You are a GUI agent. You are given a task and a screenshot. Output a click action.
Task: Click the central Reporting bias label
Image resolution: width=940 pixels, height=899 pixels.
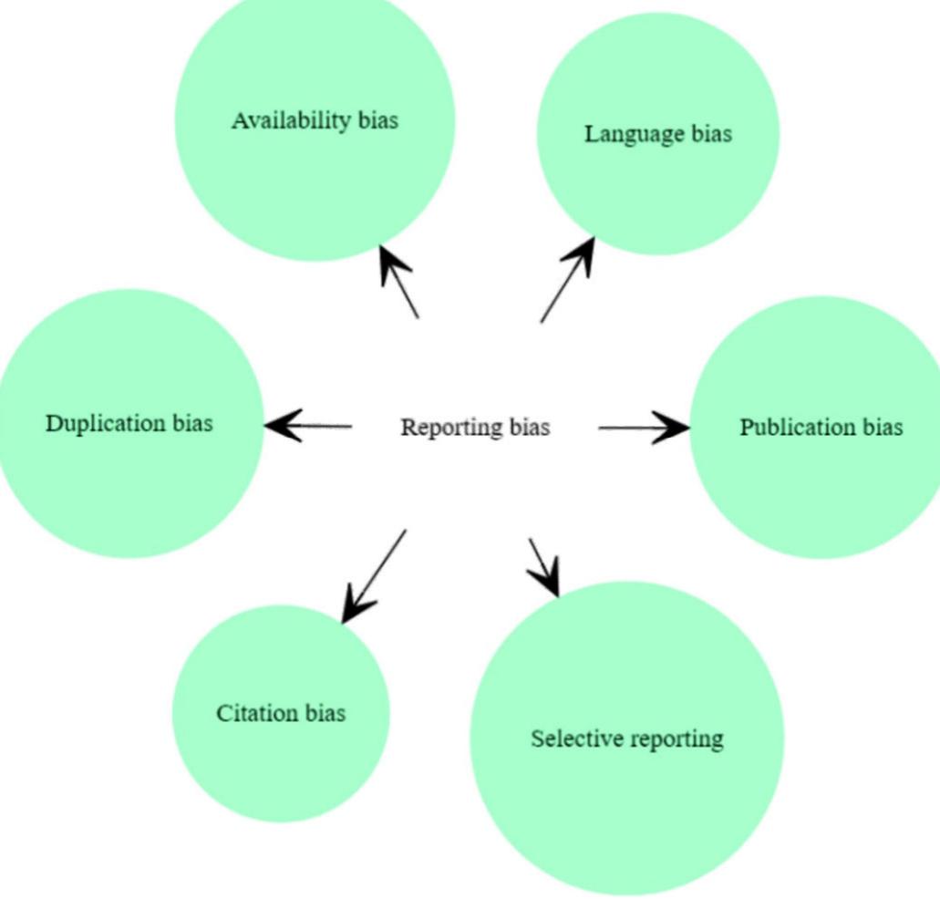475,427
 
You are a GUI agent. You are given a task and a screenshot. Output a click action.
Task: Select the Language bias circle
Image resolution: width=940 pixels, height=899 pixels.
657,182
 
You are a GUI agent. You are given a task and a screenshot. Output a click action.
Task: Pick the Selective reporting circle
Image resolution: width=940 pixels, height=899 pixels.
627,784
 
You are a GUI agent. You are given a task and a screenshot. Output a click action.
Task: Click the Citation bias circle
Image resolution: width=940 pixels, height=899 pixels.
281,757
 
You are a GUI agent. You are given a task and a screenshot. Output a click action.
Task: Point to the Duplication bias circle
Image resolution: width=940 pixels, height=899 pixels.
129,474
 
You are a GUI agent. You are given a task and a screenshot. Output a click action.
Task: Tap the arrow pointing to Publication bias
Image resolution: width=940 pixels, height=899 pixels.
643,427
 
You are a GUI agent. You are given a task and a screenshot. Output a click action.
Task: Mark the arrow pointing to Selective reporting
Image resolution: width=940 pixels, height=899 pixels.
542,565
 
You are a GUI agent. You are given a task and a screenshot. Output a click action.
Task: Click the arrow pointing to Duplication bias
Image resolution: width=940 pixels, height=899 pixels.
308,426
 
